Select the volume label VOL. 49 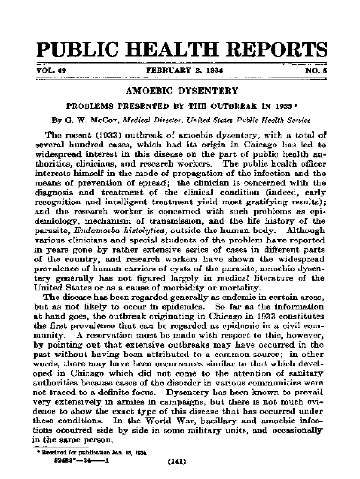(51, 70)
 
